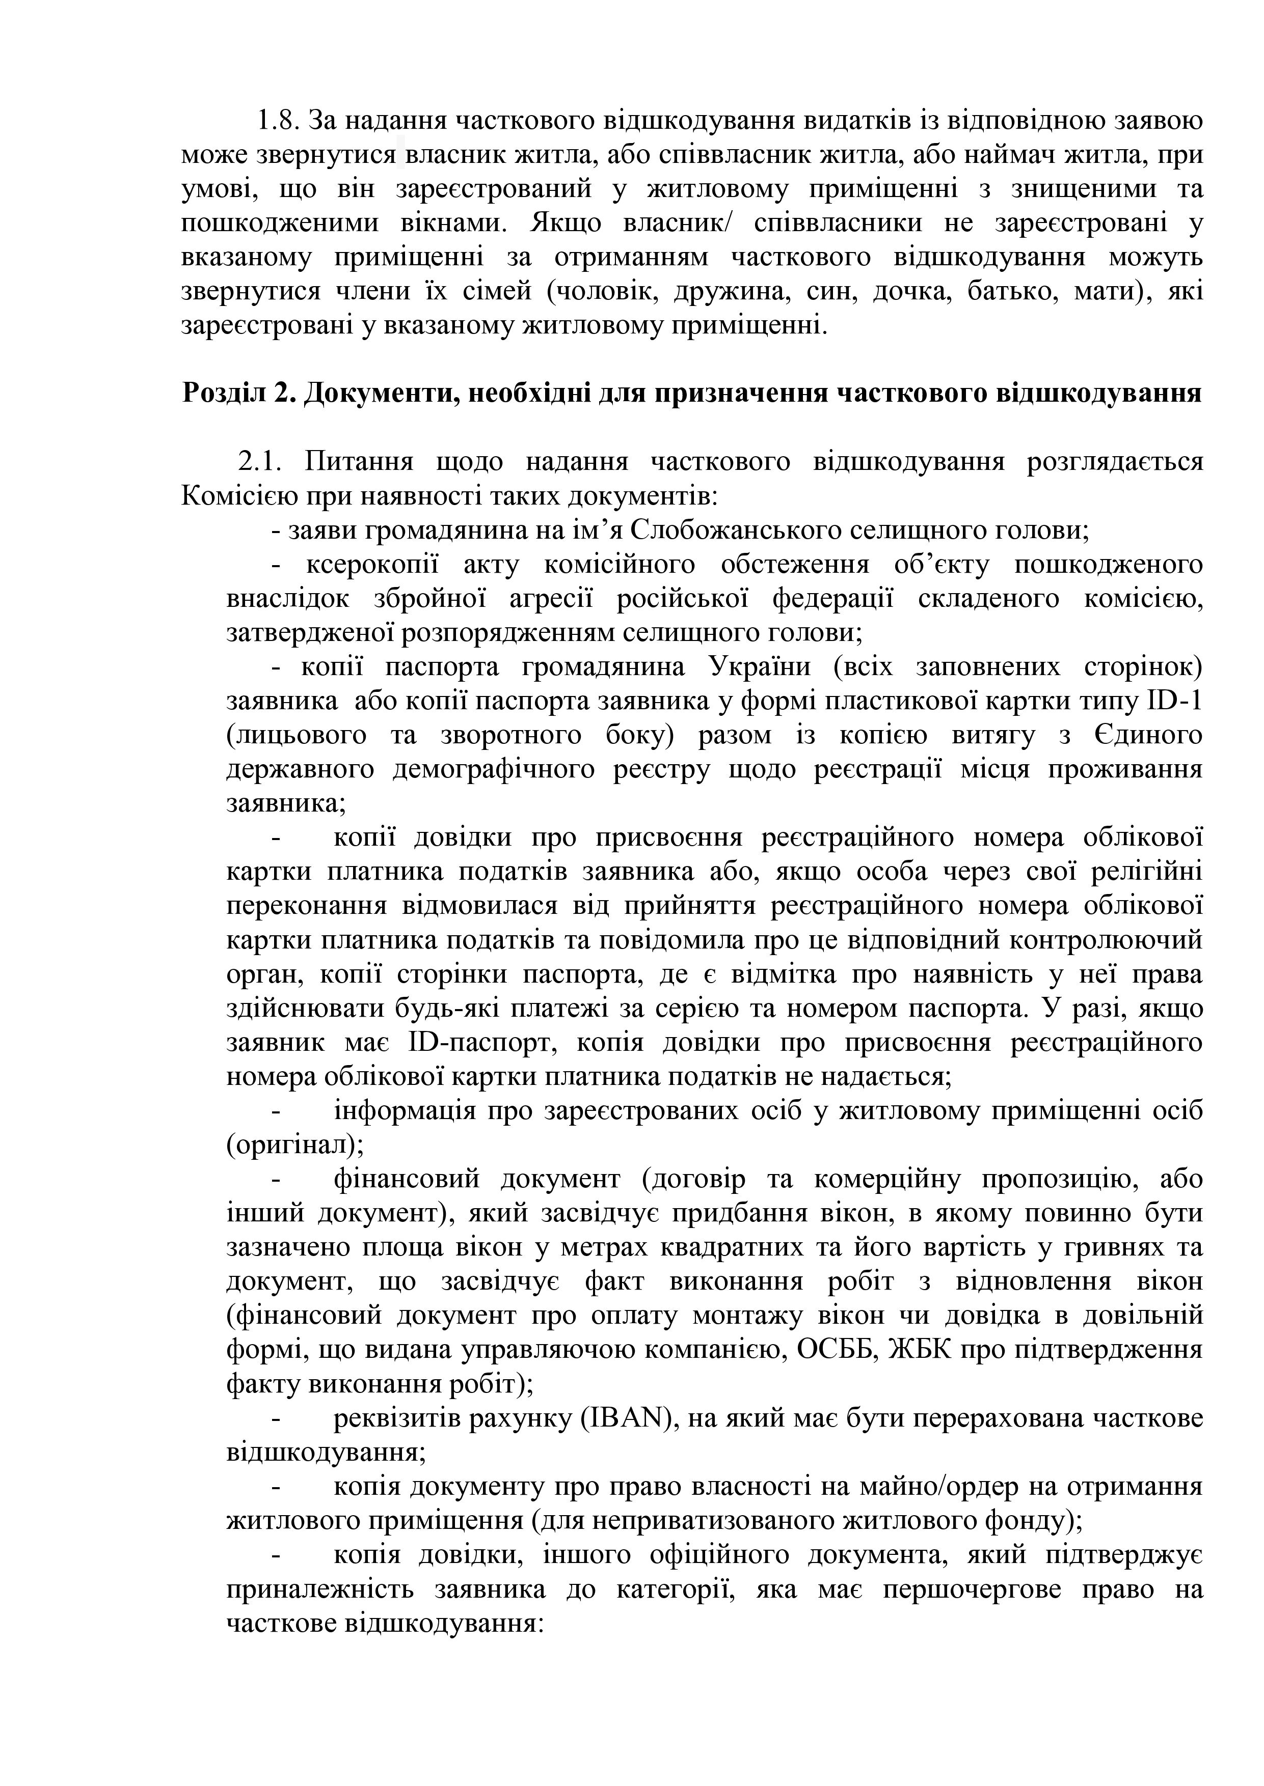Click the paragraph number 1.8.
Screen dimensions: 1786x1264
[278, 121]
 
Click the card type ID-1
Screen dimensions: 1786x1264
[1175, 701]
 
